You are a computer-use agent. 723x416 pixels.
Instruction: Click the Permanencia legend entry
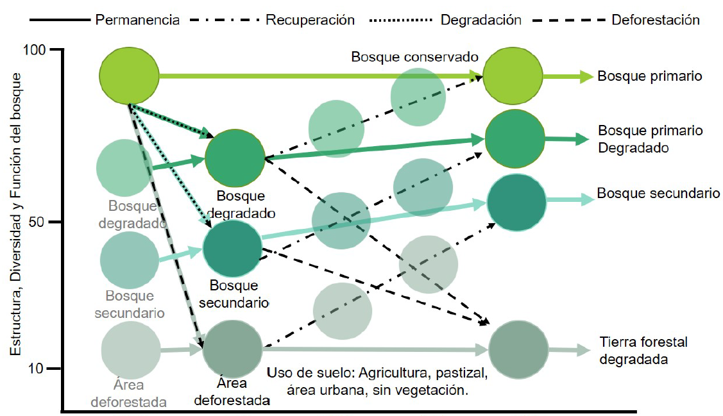pos(137,19)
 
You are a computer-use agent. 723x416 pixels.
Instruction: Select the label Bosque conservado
pos(415,57)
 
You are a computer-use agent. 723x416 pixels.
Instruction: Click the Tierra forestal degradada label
pos(643,350)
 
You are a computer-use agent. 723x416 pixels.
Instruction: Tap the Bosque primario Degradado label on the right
pos(651,139)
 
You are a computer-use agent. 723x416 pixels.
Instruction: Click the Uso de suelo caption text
pos(377,381)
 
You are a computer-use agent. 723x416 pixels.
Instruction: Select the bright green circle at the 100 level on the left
pos(129,76)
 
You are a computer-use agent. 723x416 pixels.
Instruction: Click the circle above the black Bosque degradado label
pos(235,157)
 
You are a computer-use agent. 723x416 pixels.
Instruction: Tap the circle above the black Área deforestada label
pos(232,349)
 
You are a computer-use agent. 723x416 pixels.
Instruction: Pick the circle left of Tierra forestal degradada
pos(518,350)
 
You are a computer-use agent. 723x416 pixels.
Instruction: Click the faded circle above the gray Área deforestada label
pos(130,350)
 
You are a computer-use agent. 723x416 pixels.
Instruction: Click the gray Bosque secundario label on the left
pos(130,304)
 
